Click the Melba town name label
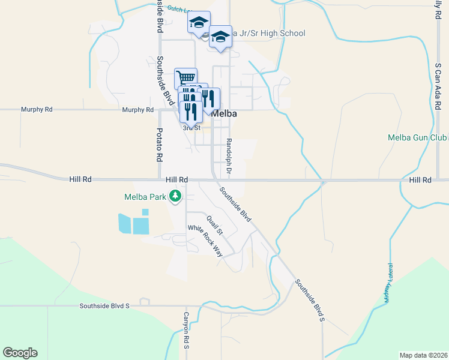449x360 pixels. click(x=224, y=113)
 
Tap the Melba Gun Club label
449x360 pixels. click(x=418, y=137)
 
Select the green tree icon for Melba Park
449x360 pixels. click(x=175, y=196)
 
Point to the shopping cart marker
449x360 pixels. click(x=186, y=78)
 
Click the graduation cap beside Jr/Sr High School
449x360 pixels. click(x=220, y=37)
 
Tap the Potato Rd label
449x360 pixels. click(x=160, y=145)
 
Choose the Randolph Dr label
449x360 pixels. click(x=229, y=157)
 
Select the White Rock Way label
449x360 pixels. click(x=205, y=240)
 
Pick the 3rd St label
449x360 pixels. click(x=191, y=127)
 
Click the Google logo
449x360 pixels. click(x=20, y=353)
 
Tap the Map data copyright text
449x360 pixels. click(x=423, y=355)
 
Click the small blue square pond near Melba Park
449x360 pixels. click(x=145, y=212)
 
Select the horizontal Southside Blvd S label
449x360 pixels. click(x=105, y=306)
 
